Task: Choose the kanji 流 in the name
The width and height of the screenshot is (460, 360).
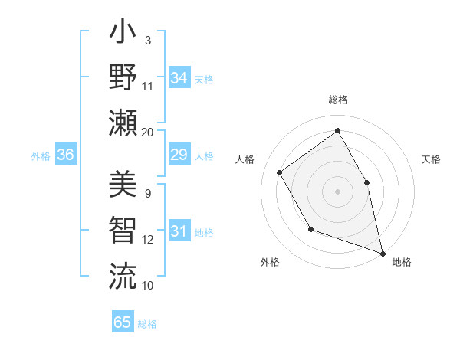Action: (123, 273)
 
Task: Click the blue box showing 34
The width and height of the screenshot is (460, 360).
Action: (179, 78)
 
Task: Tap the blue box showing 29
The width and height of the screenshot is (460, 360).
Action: (179, 155)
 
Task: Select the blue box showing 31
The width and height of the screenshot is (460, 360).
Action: (179, 231)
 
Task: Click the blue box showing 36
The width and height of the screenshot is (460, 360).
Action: (66, 155)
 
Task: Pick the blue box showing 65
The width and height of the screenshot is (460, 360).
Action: (123, 322)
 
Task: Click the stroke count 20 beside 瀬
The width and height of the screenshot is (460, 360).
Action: (147, 132)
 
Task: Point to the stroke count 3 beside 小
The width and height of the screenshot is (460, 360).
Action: (147, 40)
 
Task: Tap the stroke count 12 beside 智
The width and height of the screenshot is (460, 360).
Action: (147, 240)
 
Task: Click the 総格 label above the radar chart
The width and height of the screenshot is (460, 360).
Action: (337, 100)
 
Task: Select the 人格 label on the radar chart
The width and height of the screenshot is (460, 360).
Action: (245, 159)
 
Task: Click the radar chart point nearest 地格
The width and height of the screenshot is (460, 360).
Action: (381, 251)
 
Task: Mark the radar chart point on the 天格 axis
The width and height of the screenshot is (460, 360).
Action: (366, 182)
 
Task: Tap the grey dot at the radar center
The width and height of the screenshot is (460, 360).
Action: (337, 191)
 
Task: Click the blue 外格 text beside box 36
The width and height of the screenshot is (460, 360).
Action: (41, 156)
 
